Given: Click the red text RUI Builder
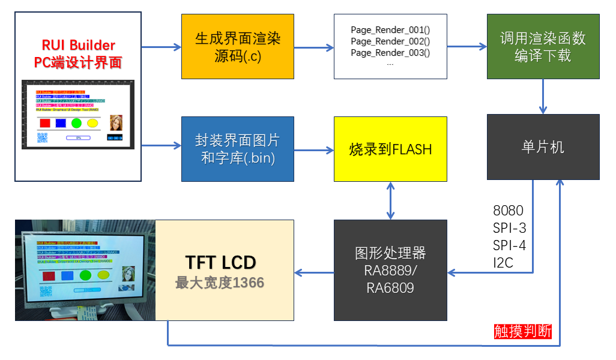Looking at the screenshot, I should pyautogui.click(x=78, y=45).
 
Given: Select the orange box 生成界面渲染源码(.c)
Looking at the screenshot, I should pyautogui.click(x=238, y=47).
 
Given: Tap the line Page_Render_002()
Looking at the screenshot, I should pyautogui.click(x=390, y=41).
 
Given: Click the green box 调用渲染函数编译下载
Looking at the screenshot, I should pyautogui.click(x=543, y=47).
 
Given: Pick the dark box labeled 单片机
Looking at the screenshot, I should pyautogui.click(x=543, y=147).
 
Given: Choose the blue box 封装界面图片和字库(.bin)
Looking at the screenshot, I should pyautogui.click(x=238, y=149).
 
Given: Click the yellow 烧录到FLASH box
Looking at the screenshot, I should pyautogui.click(x=390, y=149).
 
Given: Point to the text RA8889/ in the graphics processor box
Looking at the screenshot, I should pyautogui.click(x=390, y=270).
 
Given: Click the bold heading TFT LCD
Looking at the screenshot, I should pyautogui.click(x=220, y=262).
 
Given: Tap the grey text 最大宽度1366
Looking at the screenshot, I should pyautogui.click(x=220, y=282).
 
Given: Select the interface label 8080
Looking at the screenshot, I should pyautogui.click(x=508, y=211).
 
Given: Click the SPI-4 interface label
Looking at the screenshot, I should pyautogui.click(x=510, y=245).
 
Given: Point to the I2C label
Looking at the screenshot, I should pyautogui.click(x=503, y=262).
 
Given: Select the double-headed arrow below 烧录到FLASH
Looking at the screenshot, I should pyautogui.click(x=391, y=200).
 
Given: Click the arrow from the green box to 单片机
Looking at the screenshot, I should pyautogui.click(x=543, y=96).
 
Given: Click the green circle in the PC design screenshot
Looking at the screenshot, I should pyautogui.click(x=76, y=123).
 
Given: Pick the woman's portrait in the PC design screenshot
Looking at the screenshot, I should pyautogui.click(x=116, y=123).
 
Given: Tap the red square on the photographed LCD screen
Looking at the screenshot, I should pyautogui.click(x=50, y=275).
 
